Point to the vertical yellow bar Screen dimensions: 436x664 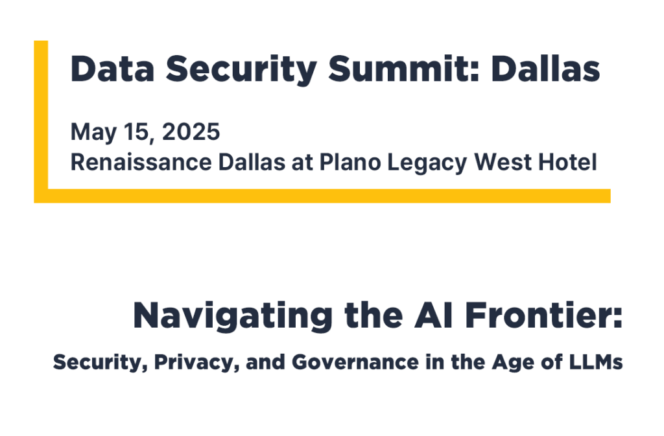(41, 117)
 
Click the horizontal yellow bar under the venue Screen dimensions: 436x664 (324, 196)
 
